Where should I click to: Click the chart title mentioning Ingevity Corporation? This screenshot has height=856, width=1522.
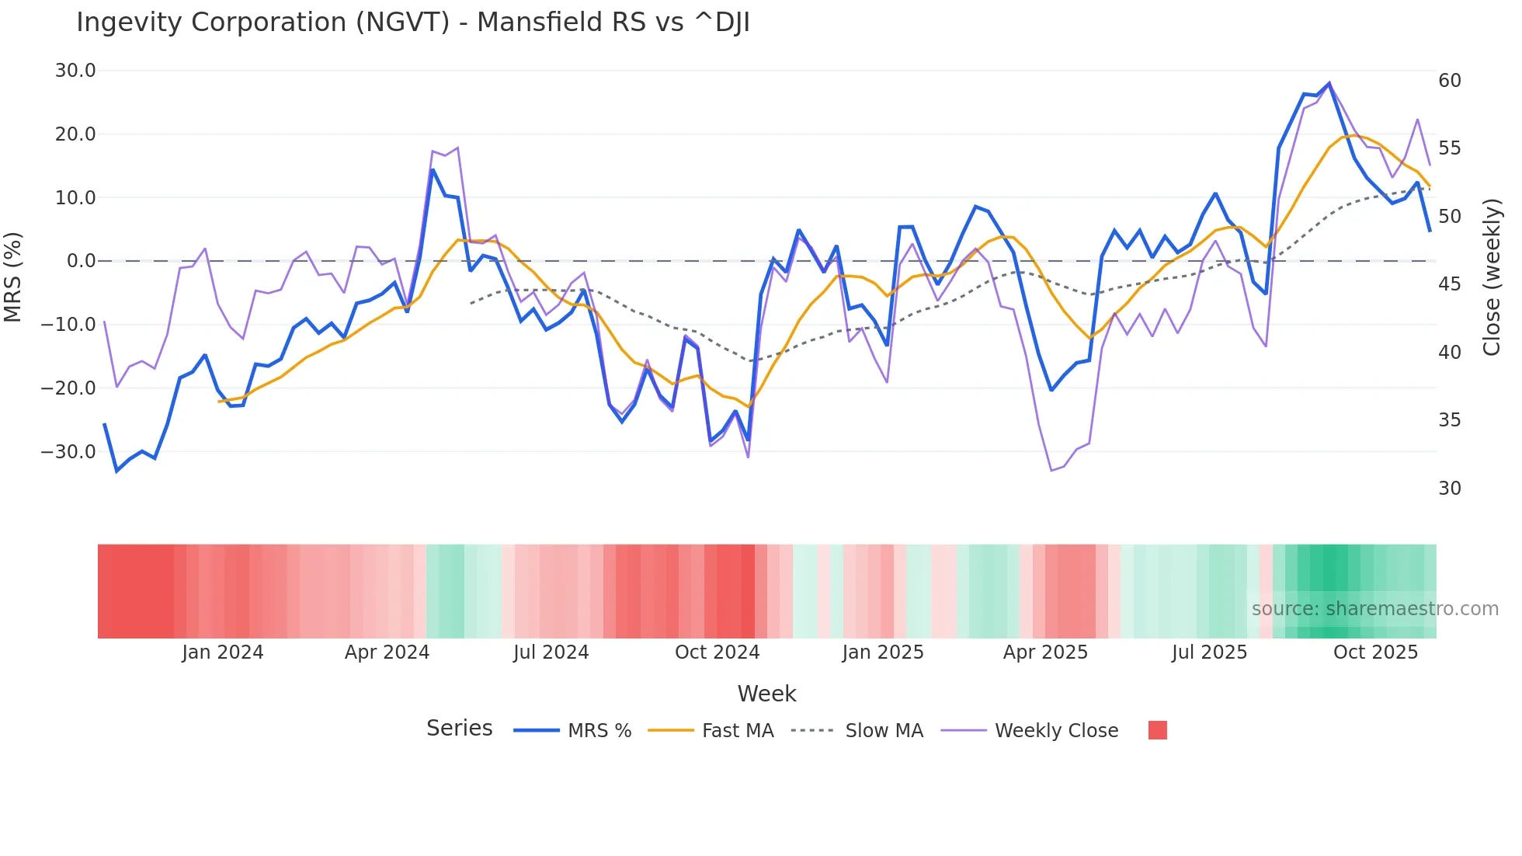413,23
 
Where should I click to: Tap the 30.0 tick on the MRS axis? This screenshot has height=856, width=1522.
75,71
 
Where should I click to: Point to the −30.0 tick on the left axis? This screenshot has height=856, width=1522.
68,451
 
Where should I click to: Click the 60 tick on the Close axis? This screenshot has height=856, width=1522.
1450,81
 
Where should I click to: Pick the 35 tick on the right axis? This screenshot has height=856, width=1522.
1450,420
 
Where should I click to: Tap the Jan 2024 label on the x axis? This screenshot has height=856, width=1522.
223,652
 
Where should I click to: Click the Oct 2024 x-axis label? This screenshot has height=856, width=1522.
717,652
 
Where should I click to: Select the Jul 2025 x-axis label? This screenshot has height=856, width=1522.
1209,652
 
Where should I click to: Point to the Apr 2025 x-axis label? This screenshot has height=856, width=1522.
1045,652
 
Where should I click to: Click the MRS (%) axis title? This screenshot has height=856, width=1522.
13,277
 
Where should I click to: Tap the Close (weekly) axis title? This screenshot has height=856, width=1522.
1492,277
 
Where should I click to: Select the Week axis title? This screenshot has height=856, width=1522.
766,694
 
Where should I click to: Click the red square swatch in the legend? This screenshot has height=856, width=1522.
1157,730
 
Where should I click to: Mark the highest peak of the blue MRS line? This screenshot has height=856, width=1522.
1329,83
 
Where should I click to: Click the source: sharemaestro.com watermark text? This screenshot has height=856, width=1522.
1374,609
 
